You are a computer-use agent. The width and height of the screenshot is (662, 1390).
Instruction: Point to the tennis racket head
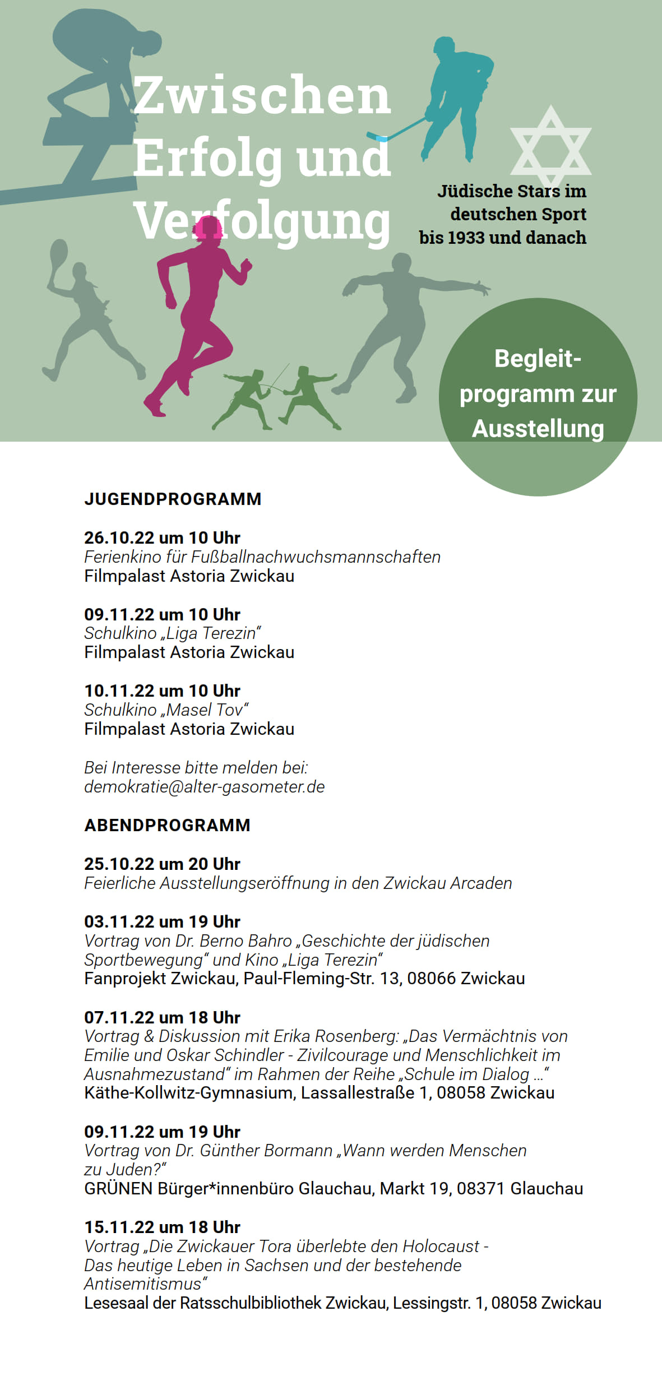(x=58, y=255)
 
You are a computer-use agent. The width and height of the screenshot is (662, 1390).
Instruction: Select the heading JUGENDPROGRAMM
(x=173, y=499)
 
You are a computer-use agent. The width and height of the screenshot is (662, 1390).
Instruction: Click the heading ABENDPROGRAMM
(x=167, y=825)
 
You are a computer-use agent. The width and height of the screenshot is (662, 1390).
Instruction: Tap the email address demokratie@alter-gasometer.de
(x=204, y=786)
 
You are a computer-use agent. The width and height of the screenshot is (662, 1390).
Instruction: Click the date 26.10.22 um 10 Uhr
(x=162, y=538)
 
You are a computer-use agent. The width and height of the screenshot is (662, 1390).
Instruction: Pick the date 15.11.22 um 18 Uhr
(x=162, y=1227)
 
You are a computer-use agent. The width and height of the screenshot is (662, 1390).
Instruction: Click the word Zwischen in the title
(x=261, y=95)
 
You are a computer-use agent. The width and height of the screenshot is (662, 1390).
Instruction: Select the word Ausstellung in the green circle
(x=538, y=429)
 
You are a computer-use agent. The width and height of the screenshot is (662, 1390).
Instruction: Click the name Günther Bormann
(x=266, y=1150)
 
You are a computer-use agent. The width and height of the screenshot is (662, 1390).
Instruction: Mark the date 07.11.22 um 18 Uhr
(x=162, y=1017)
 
